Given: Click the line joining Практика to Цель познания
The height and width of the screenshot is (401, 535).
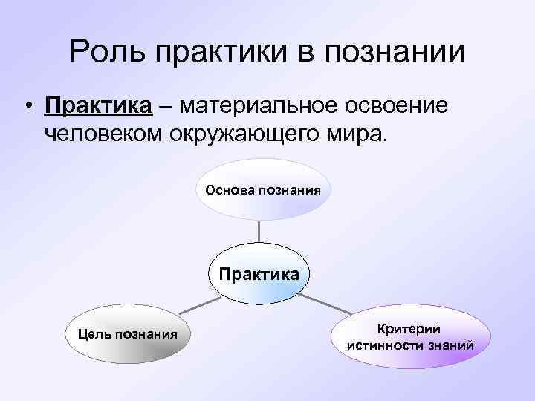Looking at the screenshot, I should [199, 303].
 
